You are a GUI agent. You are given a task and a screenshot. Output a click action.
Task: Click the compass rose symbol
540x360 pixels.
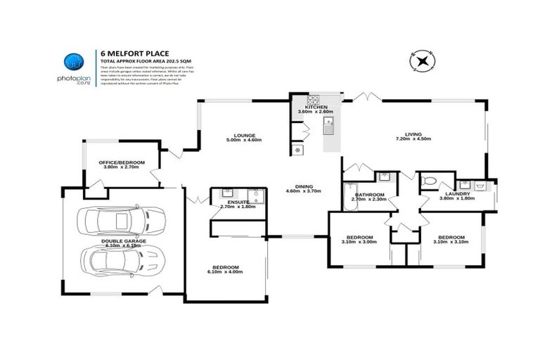tap(423, 62)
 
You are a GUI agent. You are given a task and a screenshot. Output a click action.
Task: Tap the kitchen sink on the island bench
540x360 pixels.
tap(328, 126)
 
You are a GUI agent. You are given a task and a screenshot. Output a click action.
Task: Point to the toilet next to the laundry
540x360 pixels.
tap(429, 182)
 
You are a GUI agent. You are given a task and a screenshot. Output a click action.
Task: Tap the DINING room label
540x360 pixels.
tap(304, 186)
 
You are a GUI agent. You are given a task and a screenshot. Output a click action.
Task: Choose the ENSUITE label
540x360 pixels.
tap(229, 201)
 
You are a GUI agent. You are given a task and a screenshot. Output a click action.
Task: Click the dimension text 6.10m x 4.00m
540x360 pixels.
tap(225, 272)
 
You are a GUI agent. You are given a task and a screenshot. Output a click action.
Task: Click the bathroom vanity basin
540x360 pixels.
tap(384, 176)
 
